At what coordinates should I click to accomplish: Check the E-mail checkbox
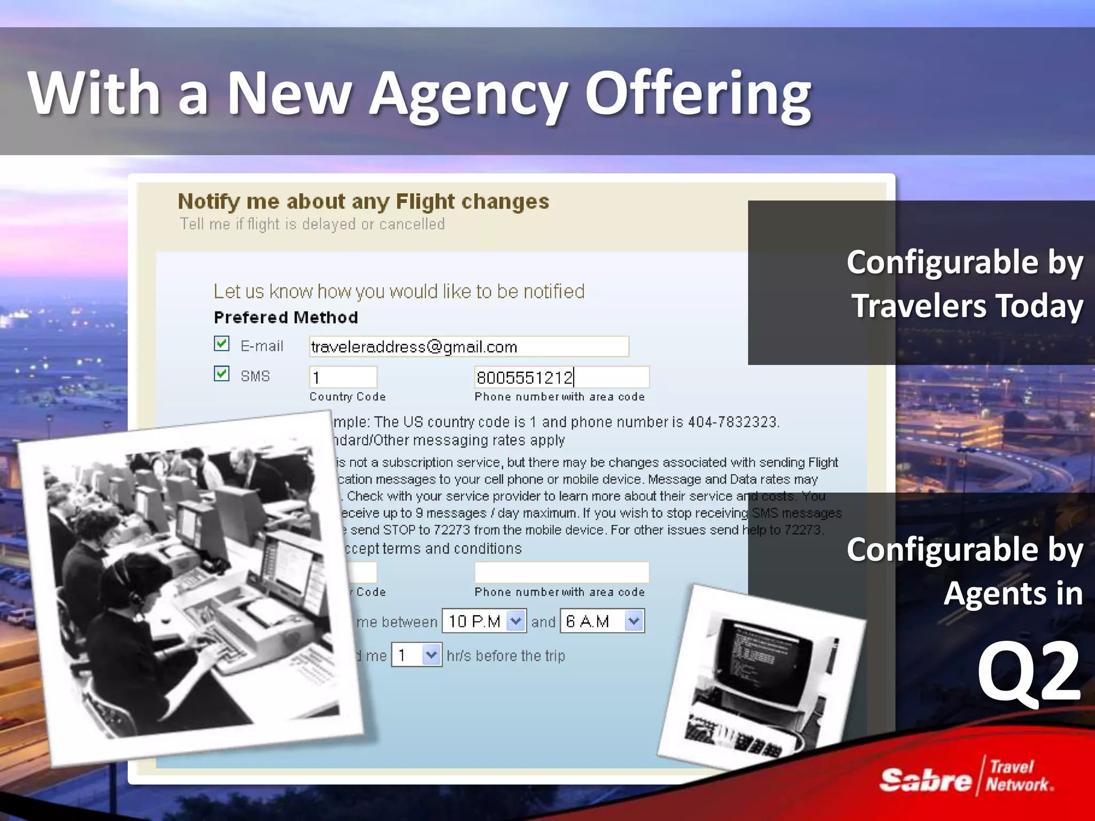221,344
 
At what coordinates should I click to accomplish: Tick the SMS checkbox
221,374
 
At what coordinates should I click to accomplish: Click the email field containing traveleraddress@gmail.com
468,346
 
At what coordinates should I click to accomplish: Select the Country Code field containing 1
343,377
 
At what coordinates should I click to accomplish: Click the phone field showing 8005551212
561,377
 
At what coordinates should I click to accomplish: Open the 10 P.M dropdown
515,621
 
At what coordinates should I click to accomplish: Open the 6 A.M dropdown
634,621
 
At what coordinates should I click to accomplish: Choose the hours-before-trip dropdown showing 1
430,655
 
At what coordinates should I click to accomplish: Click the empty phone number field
561,572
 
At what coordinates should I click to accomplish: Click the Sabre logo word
926,780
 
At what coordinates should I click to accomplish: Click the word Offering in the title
698,94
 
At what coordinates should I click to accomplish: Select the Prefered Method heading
286,317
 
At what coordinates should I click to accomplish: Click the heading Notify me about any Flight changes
364,202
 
